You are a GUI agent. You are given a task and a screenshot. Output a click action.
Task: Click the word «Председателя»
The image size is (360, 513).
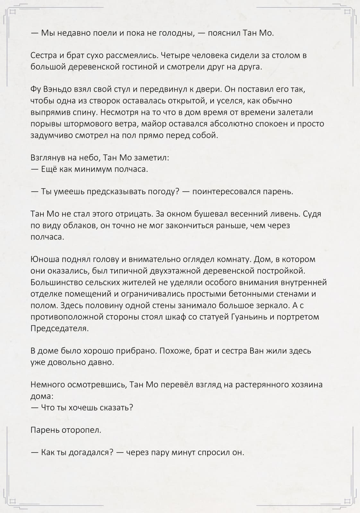pos(59,328)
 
